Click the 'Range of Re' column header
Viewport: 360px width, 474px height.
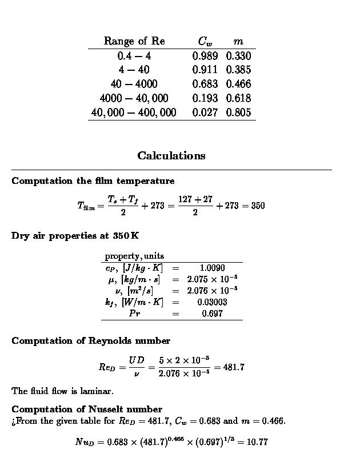134,41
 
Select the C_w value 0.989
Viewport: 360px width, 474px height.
205,56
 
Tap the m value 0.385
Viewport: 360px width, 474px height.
238,70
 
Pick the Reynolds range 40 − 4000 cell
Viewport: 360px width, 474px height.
134,84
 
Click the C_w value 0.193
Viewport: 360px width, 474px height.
205,98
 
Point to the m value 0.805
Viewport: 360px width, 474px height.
238,113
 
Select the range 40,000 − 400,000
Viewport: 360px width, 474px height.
134,113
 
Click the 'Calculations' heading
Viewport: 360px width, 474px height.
171,155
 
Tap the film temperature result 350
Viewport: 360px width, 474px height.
257,206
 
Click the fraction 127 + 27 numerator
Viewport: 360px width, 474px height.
195,199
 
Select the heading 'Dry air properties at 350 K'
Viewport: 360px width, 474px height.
75,235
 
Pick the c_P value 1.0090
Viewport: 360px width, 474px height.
212,268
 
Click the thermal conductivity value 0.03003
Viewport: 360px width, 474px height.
212,302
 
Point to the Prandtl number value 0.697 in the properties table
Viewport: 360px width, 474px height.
212,314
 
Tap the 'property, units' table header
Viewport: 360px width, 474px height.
134,256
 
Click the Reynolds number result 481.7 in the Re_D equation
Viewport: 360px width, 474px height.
234,367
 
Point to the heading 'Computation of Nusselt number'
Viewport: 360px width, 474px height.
87,409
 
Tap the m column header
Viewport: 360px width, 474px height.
238,41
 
